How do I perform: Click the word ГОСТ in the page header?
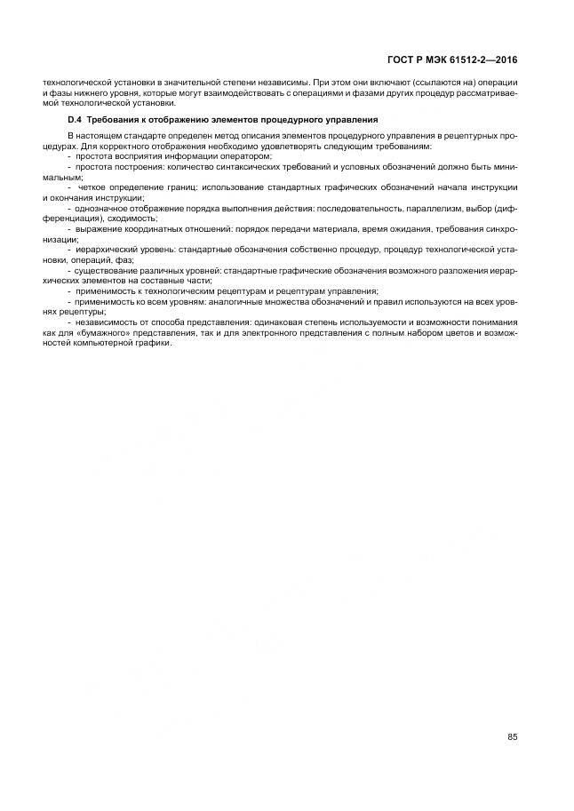click(x=402, y=60)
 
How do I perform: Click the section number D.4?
click(x=75, y=119)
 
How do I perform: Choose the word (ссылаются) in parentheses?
click(x=418, y=83)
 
